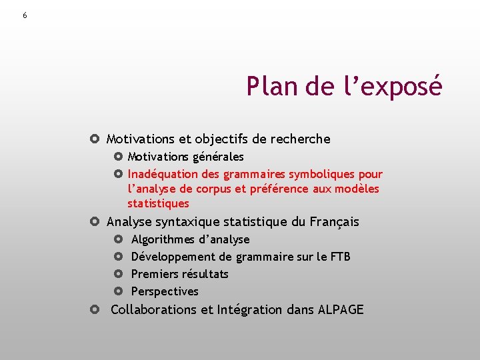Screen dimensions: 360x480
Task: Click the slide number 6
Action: click(x=25, y=15)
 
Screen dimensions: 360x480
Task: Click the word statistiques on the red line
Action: click(x=158, y=204)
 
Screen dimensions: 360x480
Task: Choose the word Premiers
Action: click(x=156, y=274)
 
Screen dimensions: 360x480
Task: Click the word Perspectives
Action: click(x=165, y=291)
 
